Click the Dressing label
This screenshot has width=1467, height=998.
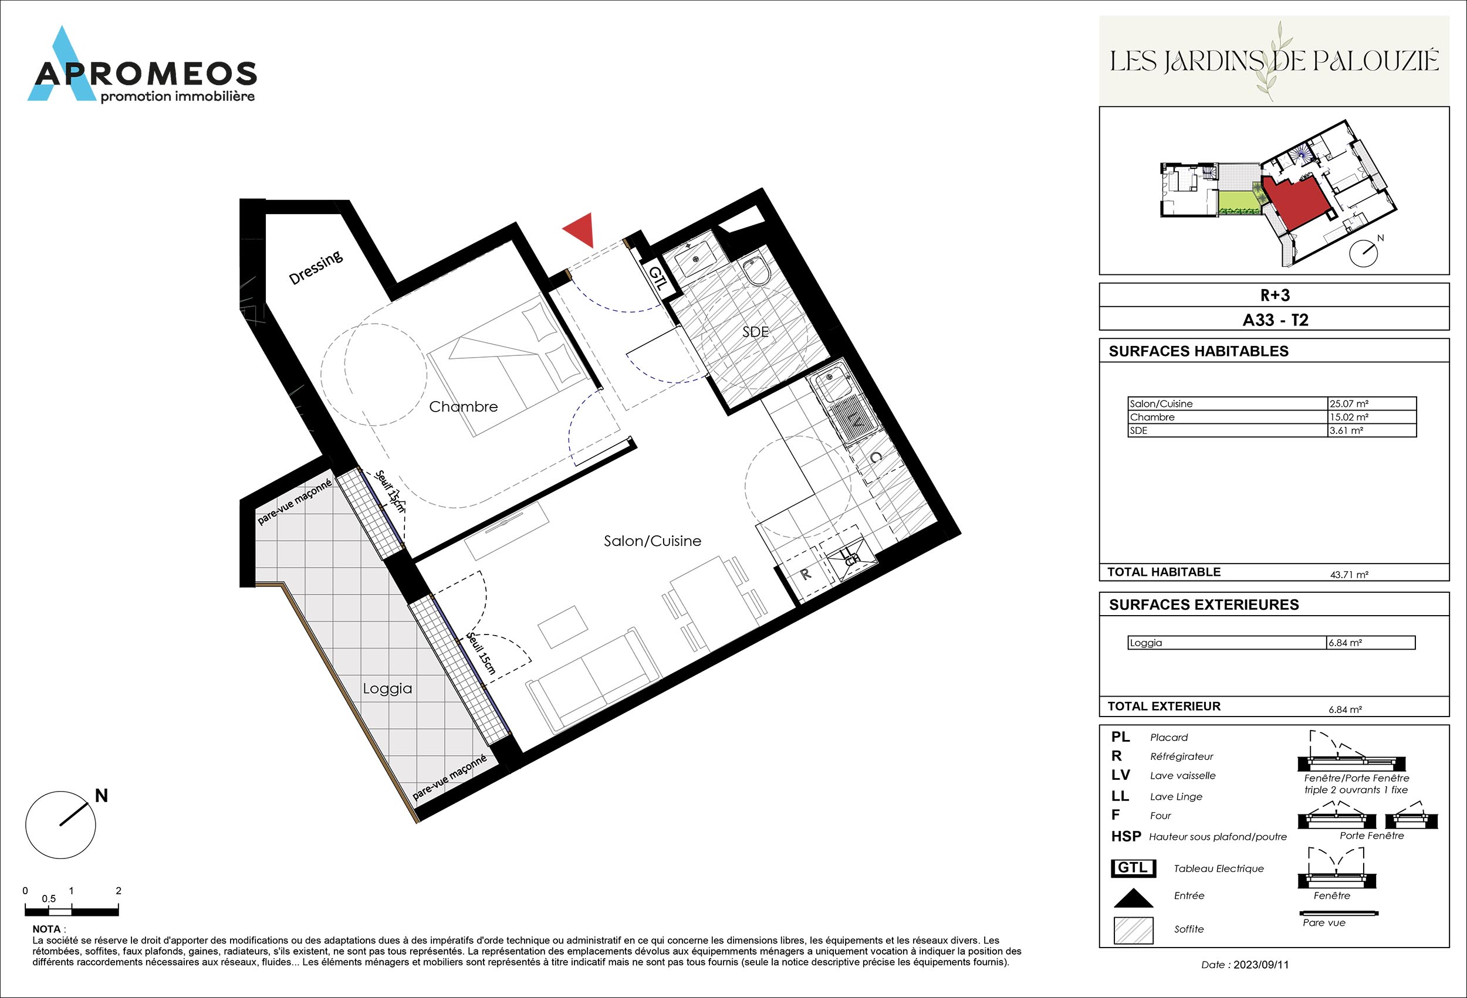pos(316,267)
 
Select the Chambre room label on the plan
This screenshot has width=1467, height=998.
pos(464,407)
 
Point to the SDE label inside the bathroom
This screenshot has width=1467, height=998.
pos(756,332)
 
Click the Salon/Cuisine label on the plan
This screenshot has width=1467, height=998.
pos(652,541)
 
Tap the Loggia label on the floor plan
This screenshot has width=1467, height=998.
pos(387,689)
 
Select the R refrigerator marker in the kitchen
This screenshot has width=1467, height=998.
pos(806,574)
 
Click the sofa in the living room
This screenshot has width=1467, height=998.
pos(593,683)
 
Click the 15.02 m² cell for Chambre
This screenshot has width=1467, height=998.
pos(1349,417)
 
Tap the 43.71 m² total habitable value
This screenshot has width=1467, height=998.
pos(1349,575)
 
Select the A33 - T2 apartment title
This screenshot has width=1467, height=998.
pos(1275,320)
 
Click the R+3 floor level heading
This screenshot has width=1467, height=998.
pos(1275,295)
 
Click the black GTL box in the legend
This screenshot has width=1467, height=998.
pos(1133,868)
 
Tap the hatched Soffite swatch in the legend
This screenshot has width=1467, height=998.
pos(1133,930)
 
